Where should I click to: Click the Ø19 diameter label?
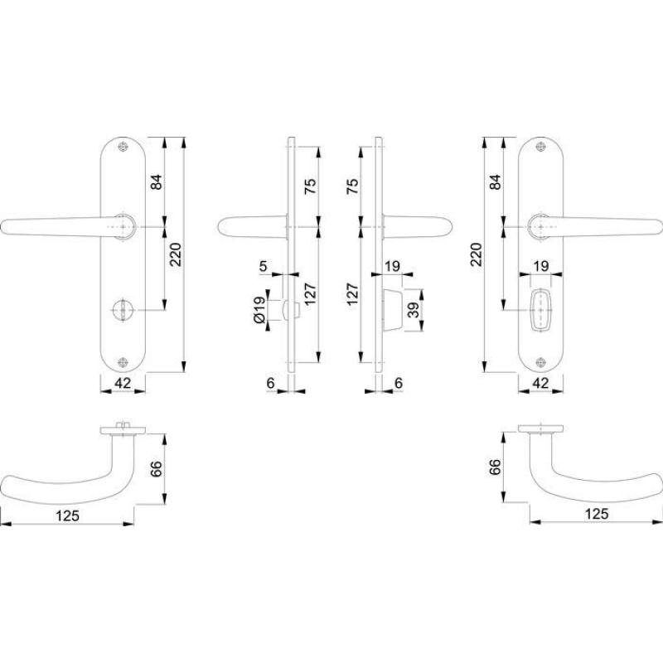point(259,310)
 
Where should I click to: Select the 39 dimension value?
point(414,310)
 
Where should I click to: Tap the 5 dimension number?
point(263,266)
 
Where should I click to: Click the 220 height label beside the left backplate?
point(175,254)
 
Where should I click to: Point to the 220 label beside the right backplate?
point(476,254)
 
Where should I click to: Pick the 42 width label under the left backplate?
point(123,383)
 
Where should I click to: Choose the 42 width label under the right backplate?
point(540,383)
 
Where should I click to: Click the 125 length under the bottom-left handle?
point(68,515)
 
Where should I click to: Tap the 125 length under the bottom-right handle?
point(597,514)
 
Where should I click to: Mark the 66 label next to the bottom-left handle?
point(156,469)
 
